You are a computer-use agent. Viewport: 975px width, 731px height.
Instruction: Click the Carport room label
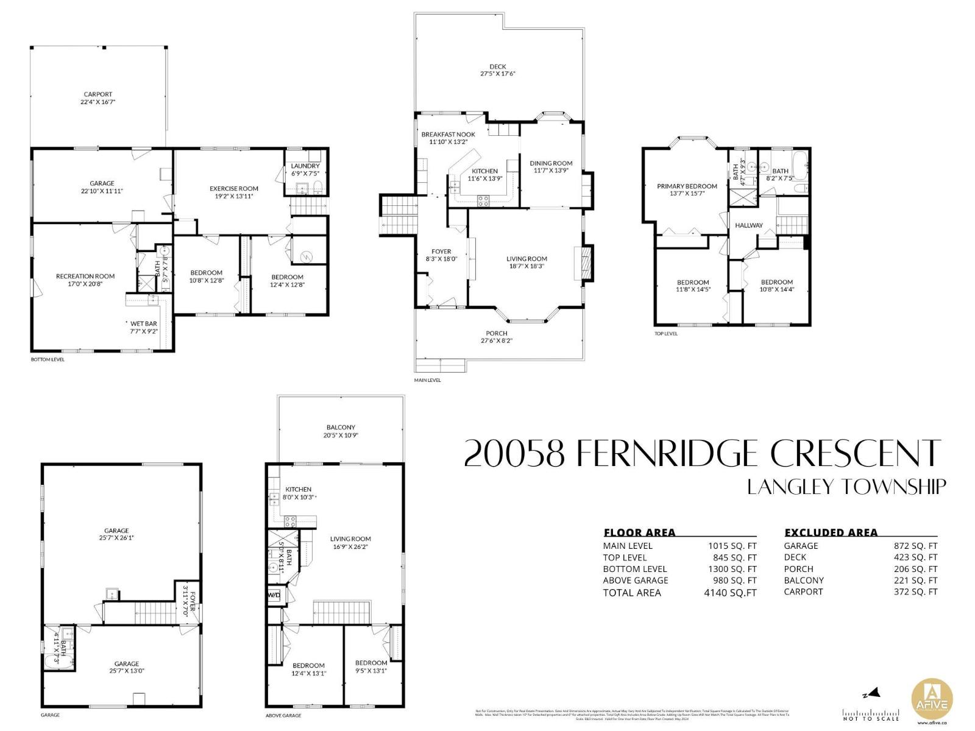(x=98, y=94)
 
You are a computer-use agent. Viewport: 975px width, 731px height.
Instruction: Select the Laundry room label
(x=305, y=166)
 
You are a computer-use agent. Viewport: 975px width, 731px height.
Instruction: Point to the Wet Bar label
(x=143, y=323)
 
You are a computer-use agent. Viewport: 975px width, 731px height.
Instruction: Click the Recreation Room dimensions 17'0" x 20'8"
(x=85, y=284)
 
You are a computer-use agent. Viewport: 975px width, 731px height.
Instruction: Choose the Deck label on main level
(x=497, y=66)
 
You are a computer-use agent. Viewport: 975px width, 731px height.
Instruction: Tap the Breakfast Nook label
(x=448, y=134)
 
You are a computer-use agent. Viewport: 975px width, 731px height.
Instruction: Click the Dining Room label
(x=551, y=163)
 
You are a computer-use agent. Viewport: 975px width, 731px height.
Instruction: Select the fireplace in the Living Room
(x=586, y=263)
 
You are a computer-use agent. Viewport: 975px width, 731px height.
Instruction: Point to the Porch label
(x=497, y=333)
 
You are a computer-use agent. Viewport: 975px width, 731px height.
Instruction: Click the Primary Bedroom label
(x=687, y=186)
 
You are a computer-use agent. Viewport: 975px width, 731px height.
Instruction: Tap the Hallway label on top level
(x=748, y=225)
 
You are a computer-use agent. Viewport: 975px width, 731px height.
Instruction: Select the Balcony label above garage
(x=340, y=427)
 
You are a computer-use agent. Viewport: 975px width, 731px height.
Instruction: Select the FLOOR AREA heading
(x=639, y=532)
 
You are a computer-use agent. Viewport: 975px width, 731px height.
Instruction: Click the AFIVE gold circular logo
(x=931, y=698)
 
